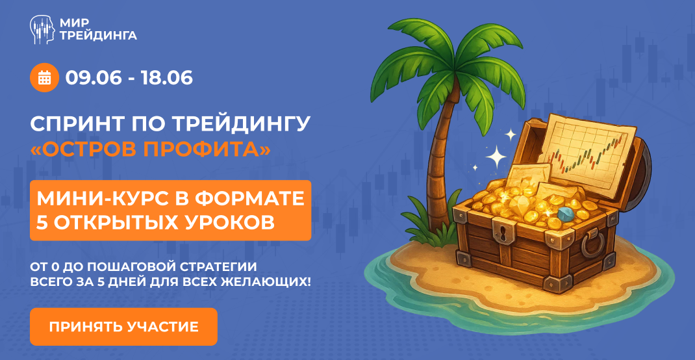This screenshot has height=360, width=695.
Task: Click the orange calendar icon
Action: coord(44,78)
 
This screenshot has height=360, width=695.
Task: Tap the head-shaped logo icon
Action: coord(43,29)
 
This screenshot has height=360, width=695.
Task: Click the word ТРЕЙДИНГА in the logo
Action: coord(98,36)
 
